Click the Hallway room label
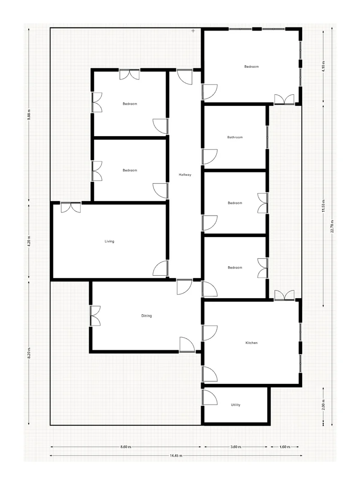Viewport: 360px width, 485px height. [x=185, y=175]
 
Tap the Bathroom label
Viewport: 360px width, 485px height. [x=235, y=137]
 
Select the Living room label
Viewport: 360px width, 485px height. [x=110, y=242]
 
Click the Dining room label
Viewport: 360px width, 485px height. [x=147, y=316]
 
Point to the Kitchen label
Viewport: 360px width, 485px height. [x=251, y=343]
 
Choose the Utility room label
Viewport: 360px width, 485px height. [x=236, y=405]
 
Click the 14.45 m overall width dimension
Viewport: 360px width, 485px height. [x=176, y=455]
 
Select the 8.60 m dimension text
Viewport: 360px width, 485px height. [x=126, y=447]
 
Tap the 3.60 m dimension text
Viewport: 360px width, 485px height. [x=236, y=447]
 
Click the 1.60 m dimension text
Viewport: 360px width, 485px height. [x=285, y=447]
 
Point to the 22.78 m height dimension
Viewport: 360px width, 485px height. [x=332, y=226]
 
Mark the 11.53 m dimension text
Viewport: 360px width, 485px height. [x=324, y=205]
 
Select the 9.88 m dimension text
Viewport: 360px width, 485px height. [x=29, y=114]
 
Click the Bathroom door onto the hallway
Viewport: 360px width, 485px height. [x=209, y=157]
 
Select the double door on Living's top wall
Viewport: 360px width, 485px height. [x=71, y=207]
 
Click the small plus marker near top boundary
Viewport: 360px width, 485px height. [x=193, y=31]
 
